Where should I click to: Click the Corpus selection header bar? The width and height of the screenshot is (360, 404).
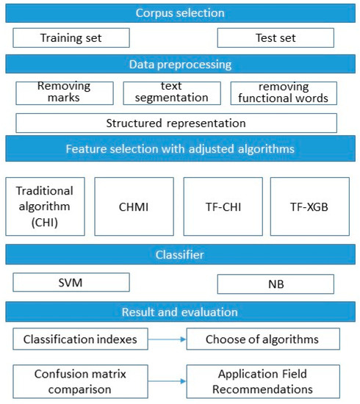(180, 12)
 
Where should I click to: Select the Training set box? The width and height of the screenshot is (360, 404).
(71, 37)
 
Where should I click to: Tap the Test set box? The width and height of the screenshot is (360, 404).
(276, 37)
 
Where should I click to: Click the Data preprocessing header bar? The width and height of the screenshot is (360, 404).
(180, 64)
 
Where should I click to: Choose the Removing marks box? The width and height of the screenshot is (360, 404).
(65, 93)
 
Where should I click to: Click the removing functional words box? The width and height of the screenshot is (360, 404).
(284, 93)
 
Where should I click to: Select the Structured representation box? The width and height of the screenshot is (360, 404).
(176, 123)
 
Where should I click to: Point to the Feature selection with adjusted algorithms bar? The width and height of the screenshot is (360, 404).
(180, 150)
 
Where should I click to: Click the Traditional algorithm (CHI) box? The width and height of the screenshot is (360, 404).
(45, 206)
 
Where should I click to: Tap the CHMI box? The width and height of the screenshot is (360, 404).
(134, 206)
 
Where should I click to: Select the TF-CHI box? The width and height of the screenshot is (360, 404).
(223, 206)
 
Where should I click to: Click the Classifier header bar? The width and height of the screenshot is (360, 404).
(180, 255)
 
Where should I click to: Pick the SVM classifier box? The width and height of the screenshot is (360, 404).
(71, 282)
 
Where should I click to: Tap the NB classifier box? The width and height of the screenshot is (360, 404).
(276, 284)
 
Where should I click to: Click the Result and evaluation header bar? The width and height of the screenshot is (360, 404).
(180, 311)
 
